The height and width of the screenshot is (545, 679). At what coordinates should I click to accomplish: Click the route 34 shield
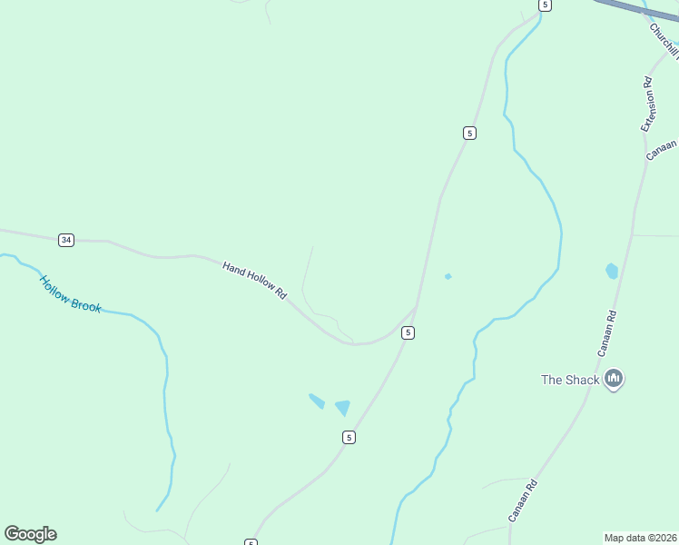tap(65, 240)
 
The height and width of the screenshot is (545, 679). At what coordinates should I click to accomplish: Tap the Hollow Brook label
tap(71, 294)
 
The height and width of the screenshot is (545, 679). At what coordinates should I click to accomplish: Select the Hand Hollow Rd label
tap(255, 281)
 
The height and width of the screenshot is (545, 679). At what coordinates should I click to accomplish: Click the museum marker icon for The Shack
tap(614, 379)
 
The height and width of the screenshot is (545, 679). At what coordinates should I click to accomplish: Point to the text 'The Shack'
tap(570, 380)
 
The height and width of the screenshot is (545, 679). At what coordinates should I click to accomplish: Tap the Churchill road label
tap(664, 42)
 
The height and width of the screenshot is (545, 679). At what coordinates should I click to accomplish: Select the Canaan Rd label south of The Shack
tap(524, 500)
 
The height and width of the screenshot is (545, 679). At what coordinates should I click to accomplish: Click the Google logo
tap(30, 534)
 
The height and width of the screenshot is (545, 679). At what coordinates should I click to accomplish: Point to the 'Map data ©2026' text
tap(640, 537)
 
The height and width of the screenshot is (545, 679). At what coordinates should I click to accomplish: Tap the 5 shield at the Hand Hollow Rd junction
tap(408, 333)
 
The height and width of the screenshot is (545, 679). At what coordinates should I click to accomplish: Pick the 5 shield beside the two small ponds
tap(349, 438)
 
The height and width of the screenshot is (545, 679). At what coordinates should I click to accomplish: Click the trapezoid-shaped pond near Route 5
tap(342, 408)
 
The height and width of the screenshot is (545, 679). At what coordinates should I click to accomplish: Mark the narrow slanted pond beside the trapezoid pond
tap(316, 401)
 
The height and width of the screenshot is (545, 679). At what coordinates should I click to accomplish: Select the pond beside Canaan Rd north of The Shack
tap(612, 271)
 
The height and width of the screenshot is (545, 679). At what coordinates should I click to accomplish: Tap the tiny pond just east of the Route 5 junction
tap(448, 276)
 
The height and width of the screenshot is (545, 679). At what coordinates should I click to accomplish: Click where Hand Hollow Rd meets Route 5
tap(416, 310)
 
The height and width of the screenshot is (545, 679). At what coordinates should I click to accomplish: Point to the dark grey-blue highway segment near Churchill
tap(635, 10)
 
